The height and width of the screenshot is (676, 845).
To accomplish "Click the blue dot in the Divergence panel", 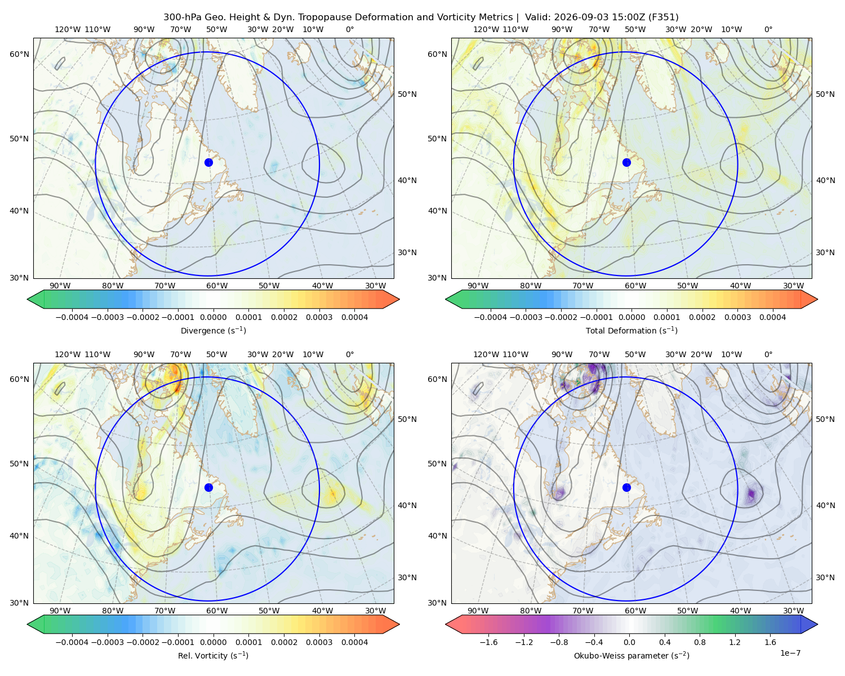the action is tap(208, 162).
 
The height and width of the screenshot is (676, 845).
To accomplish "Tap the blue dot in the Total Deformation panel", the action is tap(626, 162).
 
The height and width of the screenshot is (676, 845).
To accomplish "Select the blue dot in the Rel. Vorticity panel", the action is tap(208, 487).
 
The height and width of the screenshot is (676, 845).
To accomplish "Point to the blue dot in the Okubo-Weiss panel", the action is tap(626, 487).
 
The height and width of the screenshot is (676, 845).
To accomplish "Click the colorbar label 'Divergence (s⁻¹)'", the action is tap(213, 330).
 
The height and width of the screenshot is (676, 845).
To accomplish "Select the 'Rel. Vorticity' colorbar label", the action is tap(202, 656).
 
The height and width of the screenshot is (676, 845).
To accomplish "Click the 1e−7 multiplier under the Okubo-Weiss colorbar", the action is tap(790, 653).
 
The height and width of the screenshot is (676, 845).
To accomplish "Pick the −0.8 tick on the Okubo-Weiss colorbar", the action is tap(559, 642).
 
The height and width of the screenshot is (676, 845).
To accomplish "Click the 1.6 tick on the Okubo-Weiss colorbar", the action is tap(770, 642).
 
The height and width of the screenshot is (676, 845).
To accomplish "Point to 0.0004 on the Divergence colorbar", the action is tap(354, 317).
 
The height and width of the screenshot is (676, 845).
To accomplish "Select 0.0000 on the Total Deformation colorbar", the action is tap(631, 317).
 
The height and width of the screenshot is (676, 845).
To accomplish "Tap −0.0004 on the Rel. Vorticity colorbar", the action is tap(72, 642).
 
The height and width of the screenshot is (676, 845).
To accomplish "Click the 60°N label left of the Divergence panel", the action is tap(19, 54).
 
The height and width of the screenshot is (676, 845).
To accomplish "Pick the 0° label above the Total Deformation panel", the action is tap(768, 29).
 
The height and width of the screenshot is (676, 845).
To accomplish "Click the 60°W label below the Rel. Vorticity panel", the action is tap(217, 611).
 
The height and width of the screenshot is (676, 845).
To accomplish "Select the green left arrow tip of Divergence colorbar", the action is tap(28, 299).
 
